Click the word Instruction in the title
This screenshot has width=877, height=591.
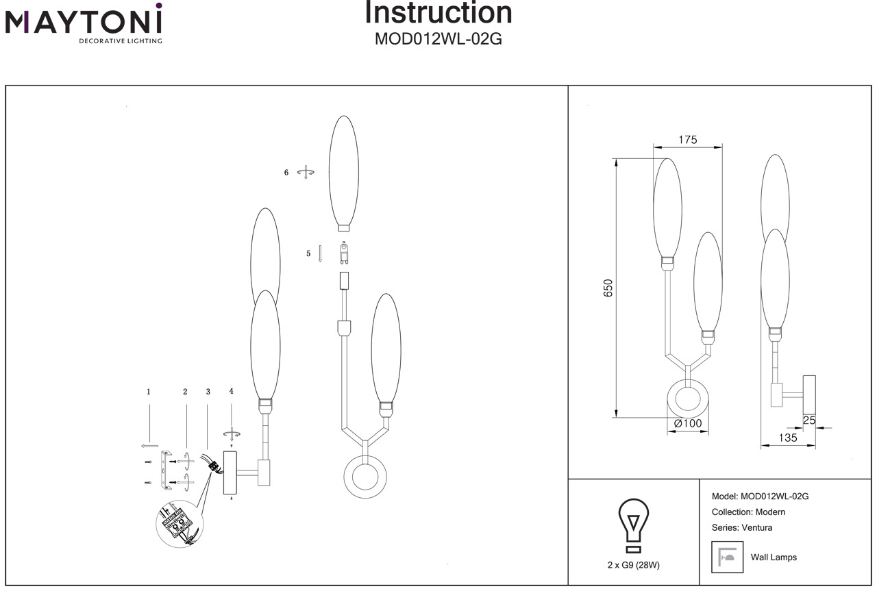[438, 12]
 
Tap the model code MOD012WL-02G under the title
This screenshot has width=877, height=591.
[438, 39]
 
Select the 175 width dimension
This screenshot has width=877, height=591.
[687, 140]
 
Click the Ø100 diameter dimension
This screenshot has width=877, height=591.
[688, 424]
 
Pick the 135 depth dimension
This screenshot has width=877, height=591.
[788, 438]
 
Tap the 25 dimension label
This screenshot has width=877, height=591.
[809, 420]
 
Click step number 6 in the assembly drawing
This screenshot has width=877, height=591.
[286, 173]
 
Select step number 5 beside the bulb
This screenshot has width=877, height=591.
[308, 254]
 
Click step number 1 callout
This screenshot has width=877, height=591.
[148, 392]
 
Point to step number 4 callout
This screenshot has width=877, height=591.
[232, 391]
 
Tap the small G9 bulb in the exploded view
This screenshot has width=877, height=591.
[343, 253]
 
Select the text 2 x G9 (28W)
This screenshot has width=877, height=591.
[633, 565]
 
